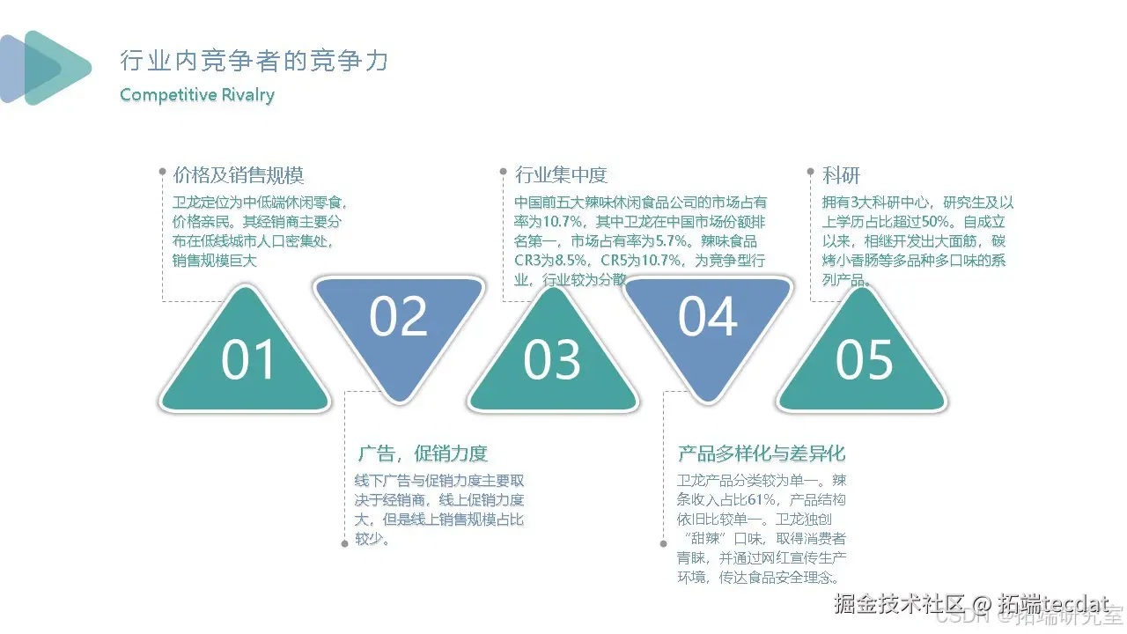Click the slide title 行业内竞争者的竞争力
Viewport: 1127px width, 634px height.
point(254,61)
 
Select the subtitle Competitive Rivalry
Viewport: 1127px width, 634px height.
point(197,95)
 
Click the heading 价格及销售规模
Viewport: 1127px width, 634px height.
point(239,175)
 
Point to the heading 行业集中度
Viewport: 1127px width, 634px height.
point(561,175)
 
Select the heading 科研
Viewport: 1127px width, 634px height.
point(841,175)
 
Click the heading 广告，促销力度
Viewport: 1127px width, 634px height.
point(422,453)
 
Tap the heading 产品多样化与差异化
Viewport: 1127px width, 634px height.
point(762,453)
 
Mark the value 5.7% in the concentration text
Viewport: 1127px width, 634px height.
point(670,241)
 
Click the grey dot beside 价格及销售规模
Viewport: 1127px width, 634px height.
point(162,171)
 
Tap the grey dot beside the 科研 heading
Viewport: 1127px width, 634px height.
point(810,171)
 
